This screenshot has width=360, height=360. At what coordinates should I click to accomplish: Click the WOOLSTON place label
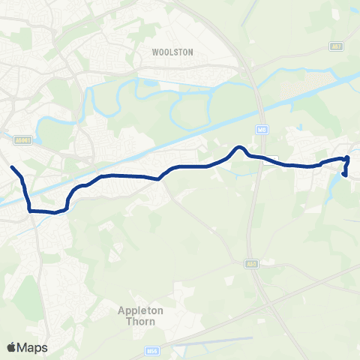172,52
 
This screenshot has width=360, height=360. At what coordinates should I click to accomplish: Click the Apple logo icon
11,347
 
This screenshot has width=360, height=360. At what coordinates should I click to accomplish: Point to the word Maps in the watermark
32,347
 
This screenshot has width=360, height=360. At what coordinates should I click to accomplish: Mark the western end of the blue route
12,167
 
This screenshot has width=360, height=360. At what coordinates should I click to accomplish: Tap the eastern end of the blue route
343,175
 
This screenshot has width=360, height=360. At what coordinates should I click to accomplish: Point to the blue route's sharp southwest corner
30,211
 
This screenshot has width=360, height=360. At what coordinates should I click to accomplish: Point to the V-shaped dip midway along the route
159,178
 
